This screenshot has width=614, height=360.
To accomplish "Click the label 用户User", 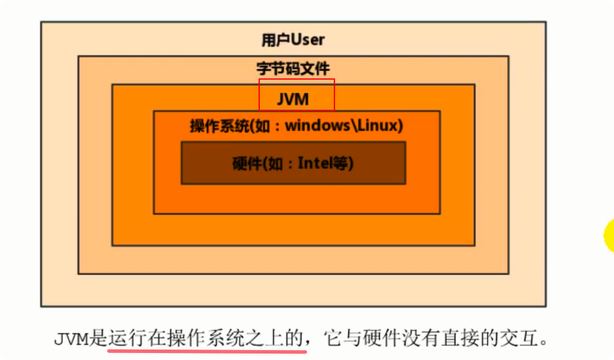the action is coord(293,40).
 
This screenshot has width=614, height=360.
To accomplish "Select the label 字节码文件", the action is coord(293,69).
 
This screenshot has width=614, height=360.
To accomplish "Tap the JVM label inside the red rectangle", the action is coord(293,100).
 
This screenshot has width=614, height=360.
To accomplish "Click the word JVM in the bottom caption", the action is coord(72,339).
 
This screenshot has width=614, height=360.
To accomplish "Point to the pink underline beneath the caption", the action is coord(207,351).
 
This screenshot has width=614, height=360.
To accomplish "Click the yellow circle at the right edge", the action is coord(609,234).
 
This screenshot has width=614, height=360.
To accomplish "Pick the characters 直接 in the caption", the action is coord(463,338).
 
